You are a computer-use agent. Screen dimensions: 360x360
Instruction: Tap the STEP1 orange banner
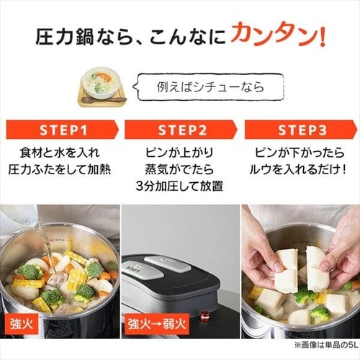pos(63,130)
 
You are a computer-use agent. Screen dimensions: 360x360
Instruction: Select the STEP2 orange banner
pos(181,130)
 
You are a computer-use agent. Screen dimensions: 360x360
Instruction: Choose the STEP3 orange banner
pos(301,130)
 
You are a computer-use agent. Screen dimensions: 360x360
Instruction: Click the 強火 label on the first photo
pos(22,324)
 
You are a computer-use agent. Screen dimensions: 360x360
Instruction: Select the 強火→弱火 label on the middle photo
pos(157,324)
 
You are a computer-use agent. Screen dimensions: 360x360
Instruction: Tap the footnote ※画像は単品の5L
pos(325,345)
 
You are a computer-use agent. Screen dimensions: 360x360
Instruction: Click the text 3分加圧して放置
pos(179,186)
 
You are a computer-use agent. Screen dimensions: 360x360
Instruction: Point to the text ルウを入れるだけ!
pos(298,170)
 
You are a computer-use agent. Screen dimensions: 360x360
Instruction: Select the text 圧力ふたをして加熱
pos(60,169)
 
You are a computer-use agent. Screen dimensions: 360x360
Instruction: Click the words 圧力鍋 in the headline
pos(64,37)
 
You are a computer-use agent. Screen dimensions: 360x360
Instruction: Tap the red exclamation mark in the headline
pos(322,35)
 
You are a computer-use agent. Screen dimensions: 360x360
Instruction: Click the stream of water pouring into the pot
pos(46,243)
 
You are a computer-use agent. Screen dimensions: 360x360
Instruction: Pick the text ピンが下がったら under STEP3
pos(300,153)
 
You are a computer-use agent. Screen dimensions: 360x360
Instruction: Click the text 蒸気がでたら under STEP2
pos(179,169)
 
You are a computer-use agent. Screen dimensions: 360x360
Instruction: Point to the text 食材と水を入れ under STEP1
pos(60,153)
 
